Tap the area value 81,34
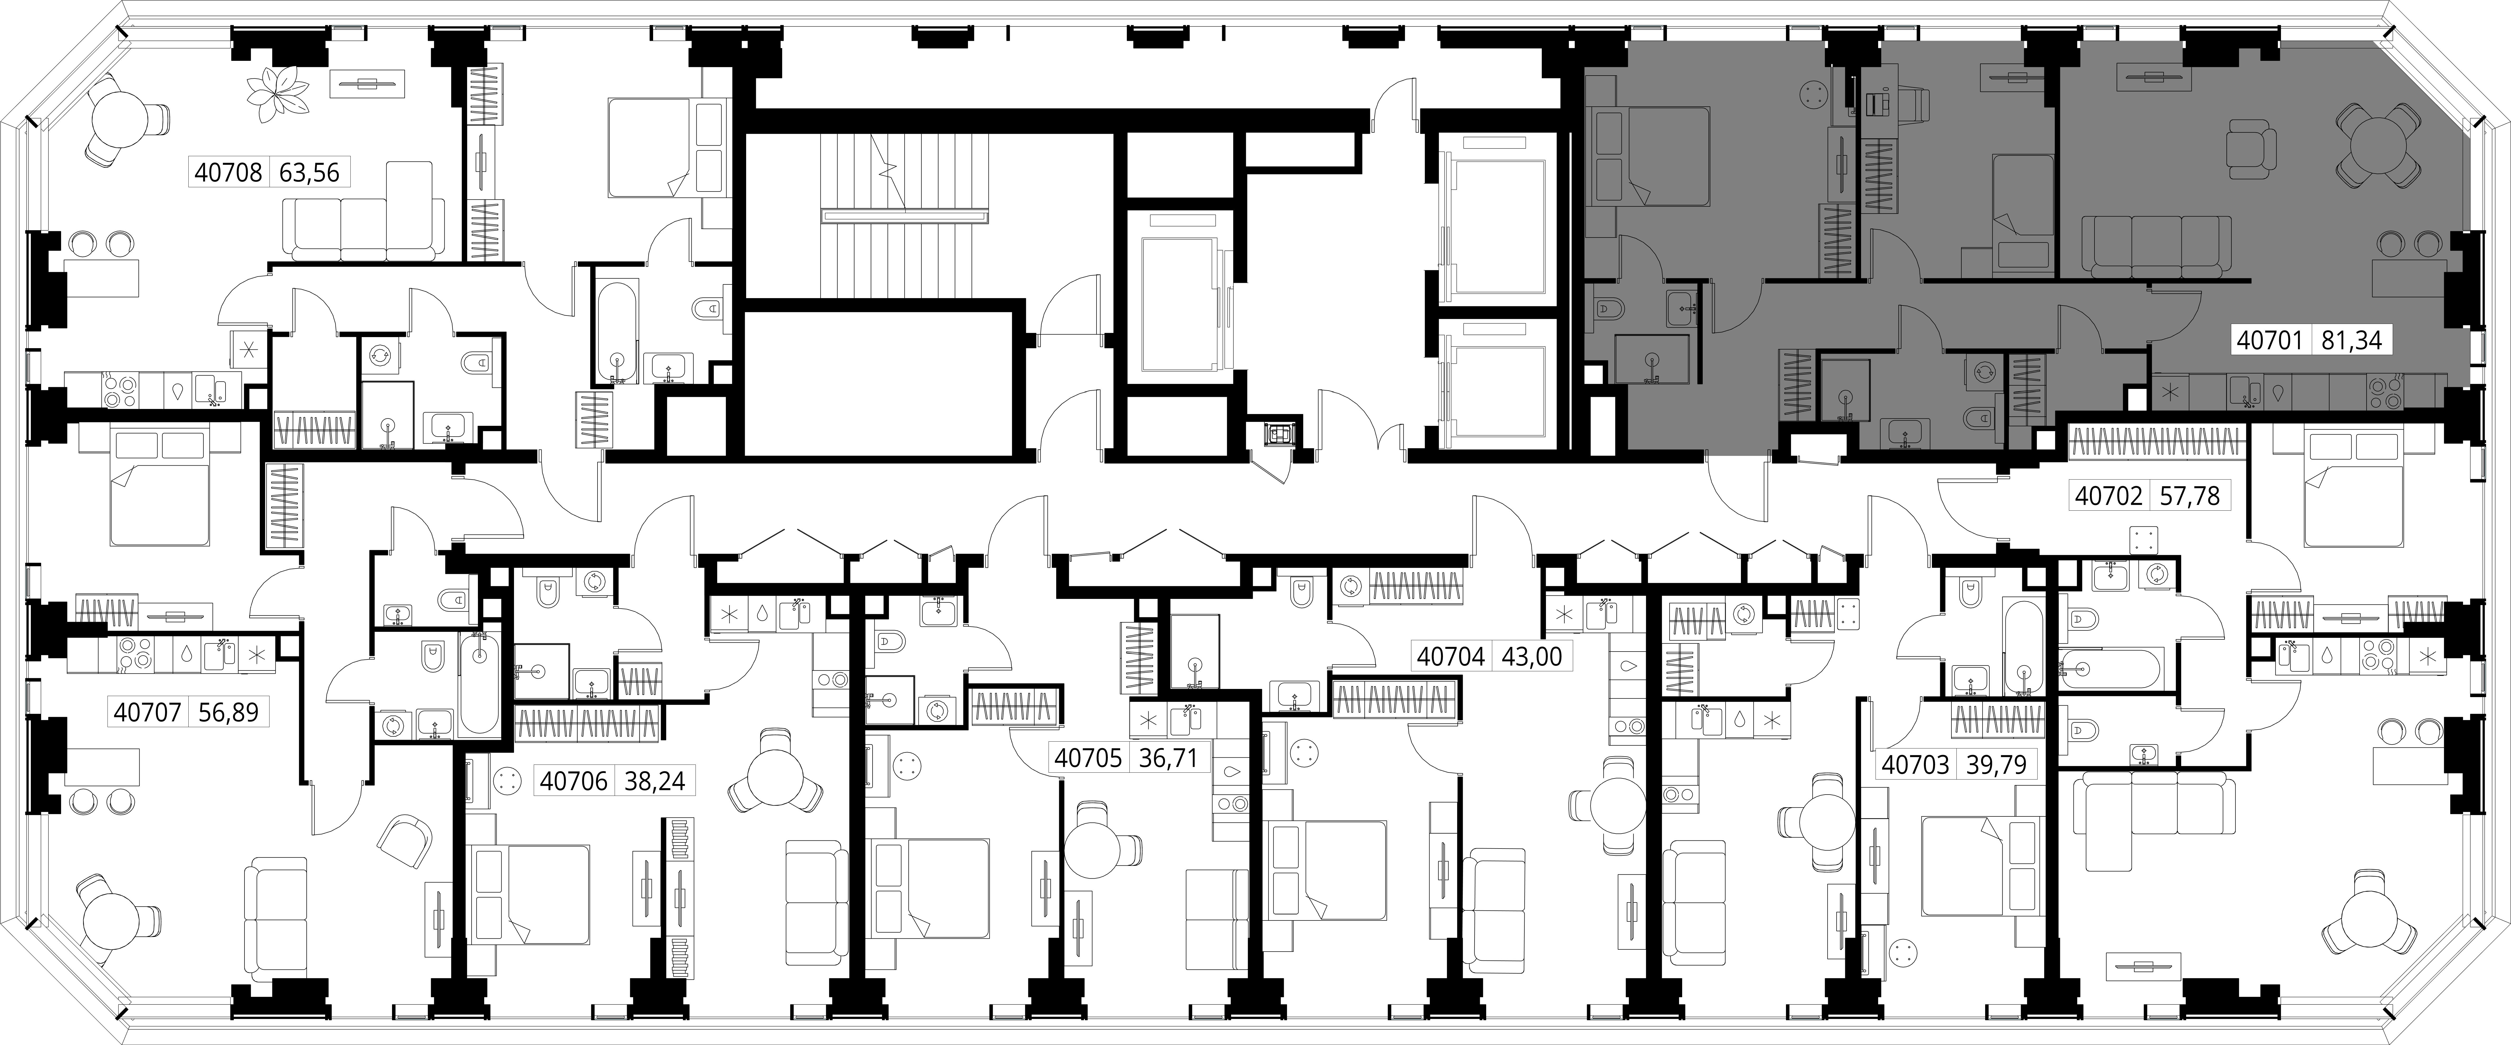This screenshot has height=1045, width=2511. (x=2351, y=340)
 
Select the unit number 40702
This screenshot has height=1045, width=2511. (x=2107, y=496)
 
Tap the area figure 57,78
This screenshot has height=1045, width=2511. (x=2188, y=496)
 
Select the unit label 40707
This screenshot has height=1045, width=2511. (x=147, y=713)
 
